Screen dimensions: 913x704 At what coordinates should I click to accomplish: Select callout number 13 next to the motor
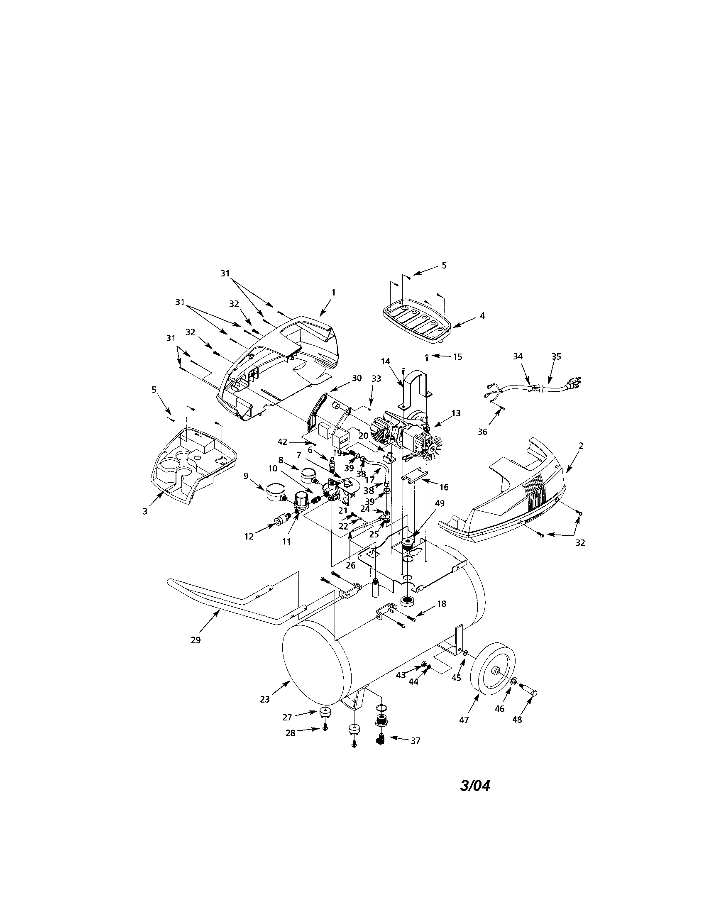click(x=456, y=413)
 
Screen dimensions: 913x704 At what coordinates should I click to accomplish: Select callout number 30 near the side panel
click(x=357, y=378)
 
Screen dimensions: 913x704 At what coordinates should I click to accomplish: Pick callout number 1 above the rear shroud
click(x=334, y=293)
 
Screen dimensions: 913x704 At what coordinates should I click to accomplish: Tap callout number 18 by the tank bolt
click(x=441, y=604)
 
